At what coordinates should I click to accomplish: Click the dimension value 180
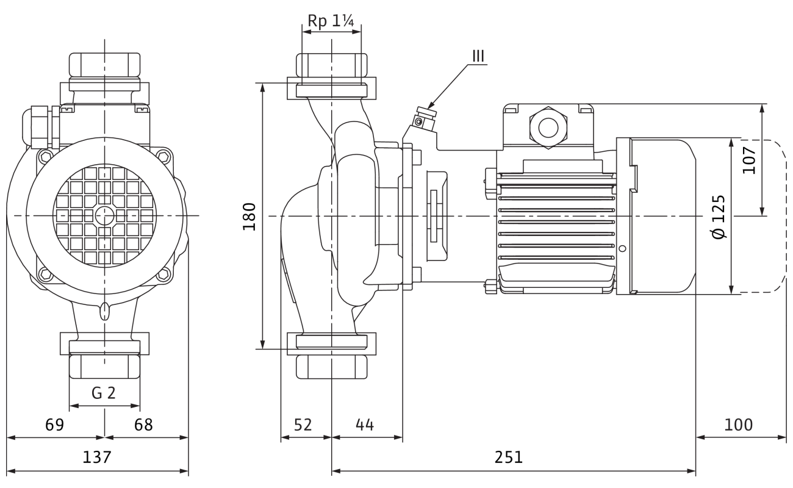pyautogui.click(x=249, y=216)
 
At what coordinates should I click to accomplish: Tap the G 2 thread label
pyautogui.click(x=104, y=393)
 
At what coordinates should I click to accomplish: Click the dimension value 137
pyautogui.click(x=97, y=457)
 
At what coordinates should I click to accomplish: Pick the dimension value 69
pyautogui.click(x=55, y=425)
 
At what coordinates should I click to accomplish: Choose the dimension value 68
pyautogui.click(x=144, y=425)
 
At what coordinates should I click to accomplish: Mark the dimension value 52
pyautogui.click(x=302, y=425)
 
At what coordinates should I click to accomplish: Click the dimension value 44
pyautogui.click(x=365, y=425)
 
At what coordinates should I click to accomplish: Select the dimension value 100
pyautogui.click(x=739, y=425)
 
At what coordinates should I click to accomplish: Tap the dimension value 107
pyautogui.click(x=749, y=160)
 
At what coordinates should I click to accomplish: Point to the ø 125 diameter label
pyautogui.click(x=720, y=217)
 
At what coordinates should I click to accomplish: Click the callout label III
pyautogui.click(x=478, y=56)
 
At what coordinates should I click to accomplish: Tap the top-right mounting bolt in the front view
pyautogui.click(x=164, y=156)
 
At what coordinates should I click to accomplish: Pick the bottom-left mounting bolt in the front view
pyautogui.click(x=44, y=275)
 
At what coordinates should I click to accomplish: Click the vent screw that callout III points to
pyautogui.click(x=420, y=121)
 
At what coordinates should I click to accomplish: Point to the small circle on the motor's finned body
pyautogui.click(x=622, y=249)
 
